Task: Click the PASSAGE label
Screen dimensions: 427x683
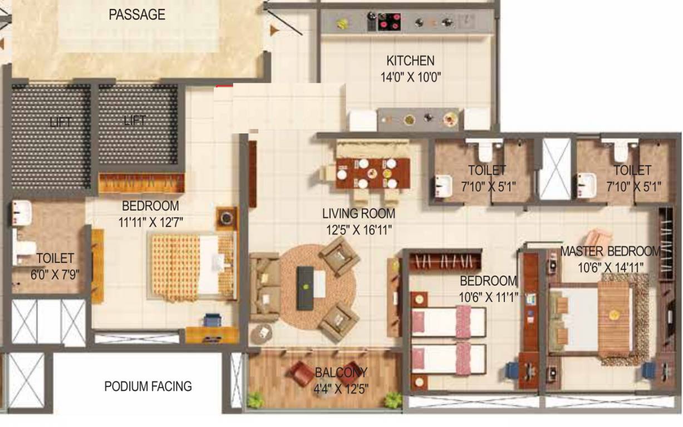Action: pos(137,15)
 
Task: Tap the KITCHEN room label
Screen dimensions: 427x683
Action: pos(410,61)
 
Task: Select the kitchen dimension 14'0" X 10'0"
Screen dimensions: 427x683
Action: pos(411,77)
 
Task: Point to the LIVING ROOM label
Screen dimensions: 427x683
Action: pos(358,213)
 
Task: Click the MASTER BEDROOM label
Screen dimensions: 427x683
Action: pos(610,251)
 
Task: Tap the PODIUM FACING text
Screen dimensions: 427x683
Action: pos(148,386)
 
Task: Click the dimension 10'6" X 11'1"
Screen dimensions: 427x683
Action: pos(488,297)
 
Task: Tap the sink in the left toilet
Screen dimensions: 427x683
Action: pos(21,210)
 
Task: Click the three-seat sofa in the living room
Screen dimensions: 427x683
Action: pos(264,287)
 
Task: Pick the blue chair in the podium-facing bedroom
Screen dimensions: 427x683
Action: pos(212,321)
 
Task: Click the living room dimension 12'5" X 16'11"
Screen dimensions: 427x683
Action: pos(358,229)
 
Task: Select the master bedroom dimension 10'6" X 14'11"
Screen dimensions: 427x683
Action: pos(610,267)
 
